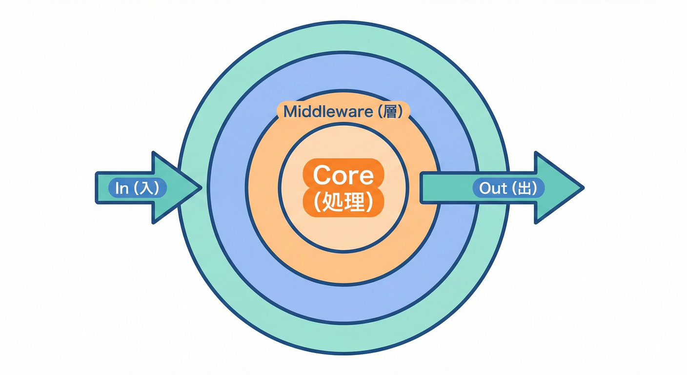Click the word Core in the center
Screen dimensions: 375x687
coord(343,175)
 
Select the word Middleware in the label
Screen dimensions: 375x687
coord(323,112)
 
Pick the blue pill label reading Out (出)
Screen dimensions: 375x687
coord(508,188)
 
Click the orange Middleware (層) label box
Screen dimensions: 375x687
coord(343,112)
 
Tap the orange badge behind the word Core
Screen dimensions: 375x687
coord(343,187)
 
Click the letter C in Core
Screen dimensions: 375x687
coord(322,175)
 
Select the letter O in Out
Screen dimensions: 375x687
coord(485,188)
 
